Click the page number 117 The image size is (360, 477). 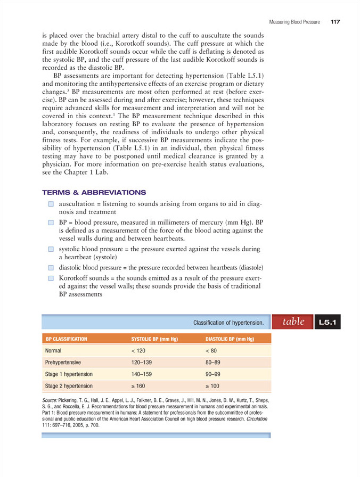tap(334, 22)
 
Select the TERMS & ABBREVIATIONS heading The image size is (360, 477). tap(94, 192)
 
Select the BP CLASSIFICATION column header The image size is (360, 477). tap(67, 339)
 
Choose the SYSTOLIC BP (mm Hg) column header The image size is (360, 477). tap(154, 339)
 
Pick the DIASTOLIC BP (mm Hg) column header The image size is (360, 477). tap(229, 339)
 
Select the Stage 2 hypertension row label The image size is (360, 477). tap(69, 386)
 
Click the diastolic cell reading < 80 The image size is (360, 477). tap(210, 351)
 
